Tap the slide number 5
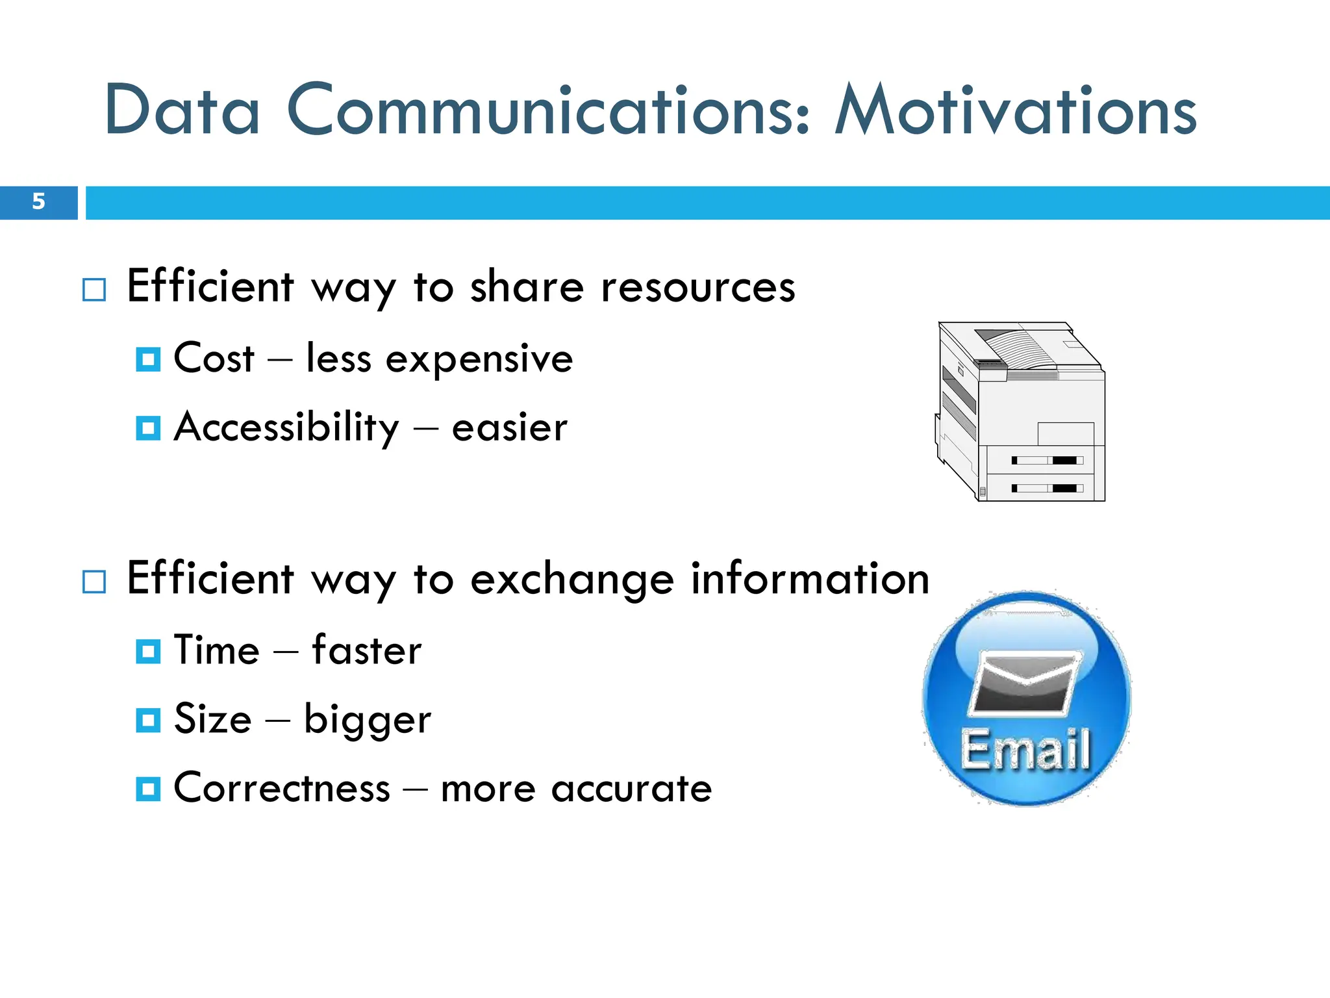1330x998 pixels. point(38,202)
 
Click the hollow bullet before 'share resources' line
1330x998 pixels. point(94,290)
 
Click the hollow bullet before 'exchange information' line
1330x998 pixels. point(94,582)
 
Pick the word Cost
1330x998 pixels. point(214,359)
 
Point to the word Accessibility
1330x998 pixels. point(286,428)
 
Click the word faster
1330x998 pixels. point(367,650)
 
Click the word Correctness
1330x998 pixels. point(282,789)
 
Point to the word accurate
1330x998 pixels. point(631,789)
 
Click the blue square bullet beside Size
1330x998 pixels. point(148,720)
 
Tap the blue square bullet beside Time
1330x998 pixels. point(148,651)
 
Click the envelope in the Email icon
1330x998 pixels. point(1024,684)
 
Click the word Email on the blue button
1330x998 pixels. point(1025,750)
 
